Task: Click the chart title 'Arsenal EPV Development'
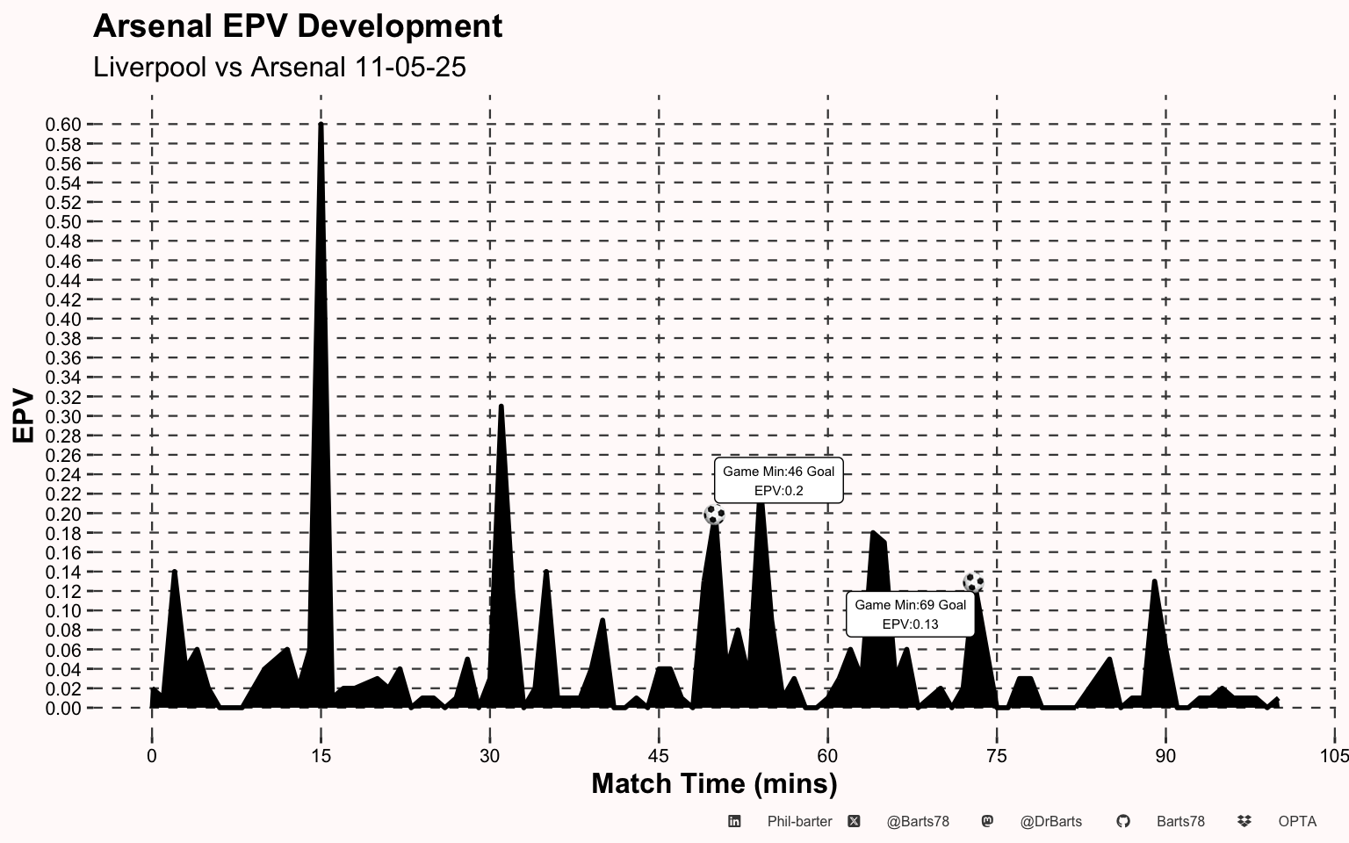point(298,26)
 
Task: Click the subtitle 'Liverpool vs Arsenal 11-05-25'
point(279,67)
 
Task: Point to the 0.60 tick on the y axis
point(63,125)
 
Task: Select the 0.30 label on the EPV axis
point(63,417)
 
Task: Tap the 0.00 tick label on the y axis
point(63,709)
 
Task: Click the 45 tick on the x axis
point(659,756)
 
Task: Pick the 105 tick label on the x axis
point(1334,756)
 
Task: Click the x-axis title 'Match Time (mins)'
point(714,783)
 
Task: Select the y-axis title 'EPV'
point(24,416)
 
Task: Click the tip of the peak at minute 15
point(321,125)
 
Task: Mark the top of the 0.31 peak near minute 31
point(501,407)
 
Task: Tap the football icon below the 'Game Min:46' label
point(714,515)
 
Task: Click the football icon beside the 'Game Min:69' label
point(973,582)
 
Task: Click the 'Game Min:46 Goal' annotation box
point(778,480)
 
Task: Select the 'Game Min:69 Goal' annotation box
point(910,614)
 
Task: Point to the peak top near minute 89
point(1154,581)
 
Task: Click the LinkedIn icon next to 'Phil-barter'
point(734,821)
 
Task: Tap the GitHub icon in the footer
point(1122,821)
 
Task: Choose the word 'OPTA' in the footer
point(1297,822)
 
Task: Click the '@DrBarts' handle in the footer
point(1050,822)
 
